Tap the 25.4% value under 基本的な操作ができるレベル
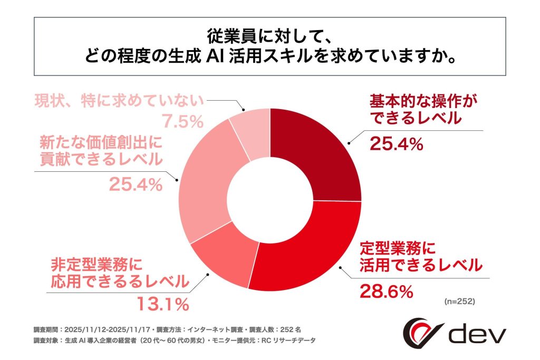[397, 143]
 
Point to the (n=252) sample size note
[458, 302]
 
